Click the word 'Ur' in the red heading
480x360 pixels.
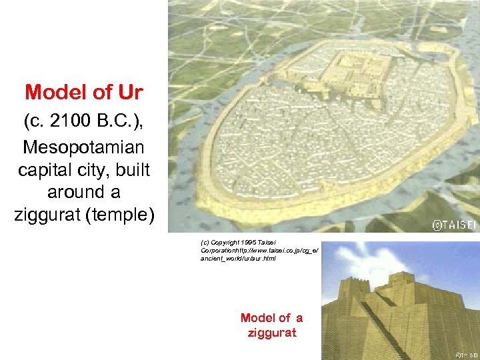[129, 93]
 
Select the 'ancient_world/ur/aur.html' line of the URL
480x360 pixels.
[237, 257]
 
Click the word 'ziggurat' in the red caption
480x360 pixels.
[271, 333]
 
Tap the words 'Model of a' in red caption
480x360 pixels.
[271, 318]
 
